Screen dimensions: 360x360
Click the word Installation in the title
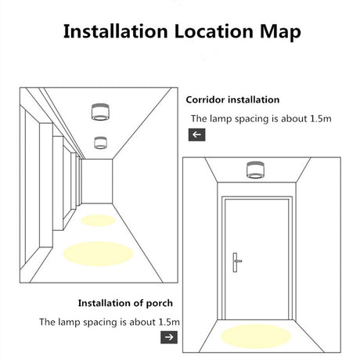(115, 31)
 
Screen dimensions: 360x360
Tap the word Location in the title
(214, 31)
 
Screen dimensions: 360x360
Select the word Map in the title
(280, 33)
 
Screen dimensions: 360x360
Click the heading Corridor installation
(232, 99)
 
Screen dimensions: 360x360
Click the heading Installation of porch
(125, 303)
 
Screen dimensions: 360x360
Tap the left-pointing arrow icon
(196, 135)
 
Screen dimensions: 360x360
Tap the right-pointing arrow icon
(169, 337)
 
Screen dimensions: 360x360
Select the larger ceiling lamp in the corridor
(100, 112)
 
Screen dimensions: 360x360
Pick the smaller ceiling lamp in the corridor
(100, 142)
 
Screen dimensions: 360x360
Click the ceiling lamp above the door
(256, 170)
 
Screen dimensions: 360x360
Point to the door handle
(236, 262)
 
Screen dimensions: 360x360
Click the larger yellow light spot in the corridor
(98, 254)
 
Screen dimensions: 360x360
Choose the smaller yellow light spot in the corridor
(98, 221)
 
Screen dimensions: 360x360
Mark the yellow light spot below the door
(256, 337)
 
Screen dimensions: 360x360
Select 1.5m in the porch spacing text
(169, 322)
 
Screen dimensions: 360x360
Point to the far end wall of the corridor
(97, 182)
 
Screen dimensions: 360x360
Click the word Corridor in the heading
(205, 99)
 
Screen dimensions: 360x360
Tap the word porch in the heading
(159, 304)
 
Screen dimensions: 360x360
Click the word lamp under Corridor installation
(221, 119)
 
